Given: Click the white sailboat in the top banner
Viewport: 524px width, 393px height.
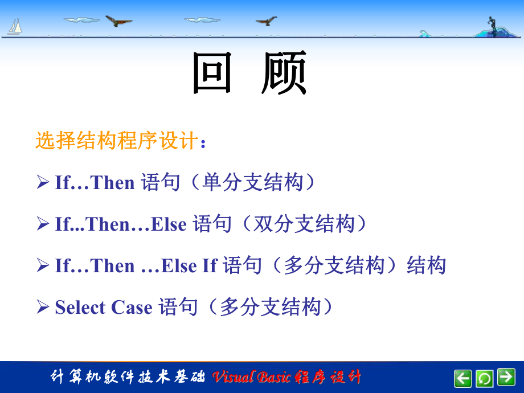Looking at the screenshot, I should [x=15, y=26].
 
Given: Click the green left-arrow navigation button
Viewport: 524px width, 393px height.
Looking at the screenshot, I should [x=463, y=378].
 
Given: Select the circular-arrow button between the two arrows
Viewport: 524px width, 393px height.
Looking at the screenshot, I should [x=485, y=378].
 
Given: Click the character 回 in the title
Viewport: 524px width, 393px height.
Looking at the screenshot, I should [x=212, y=73].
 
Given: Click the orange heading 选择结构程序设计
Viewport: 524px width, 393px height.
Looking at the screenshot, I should [x=117, y=141].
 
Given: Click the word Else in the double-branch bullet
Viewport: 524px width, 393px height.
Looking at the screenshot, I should [x=169, y=224].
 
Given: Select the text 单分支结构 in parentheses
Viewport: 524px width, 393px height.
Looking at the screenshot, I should [x=252, y=183].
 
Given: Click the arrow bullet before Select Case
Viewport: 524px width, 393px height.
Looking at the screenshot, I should [x=43, y=308].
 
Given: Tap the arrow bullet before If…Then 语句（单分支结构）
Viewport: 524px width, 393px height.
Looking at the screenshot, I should [x=43, y=183].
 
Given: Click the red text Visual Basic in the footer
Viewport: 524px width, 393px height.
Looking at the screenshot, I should [x=251, y=377].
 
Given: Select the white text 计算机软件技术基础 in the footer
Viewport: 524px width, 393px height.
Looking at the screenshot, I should [x=128, y=377].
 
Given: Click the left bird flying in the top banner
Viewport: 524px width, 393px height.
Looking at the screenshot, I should [x=118, y=21].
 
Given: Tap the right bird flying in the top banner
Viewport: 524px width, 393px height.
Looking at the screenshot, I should [x=266, y=21].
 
